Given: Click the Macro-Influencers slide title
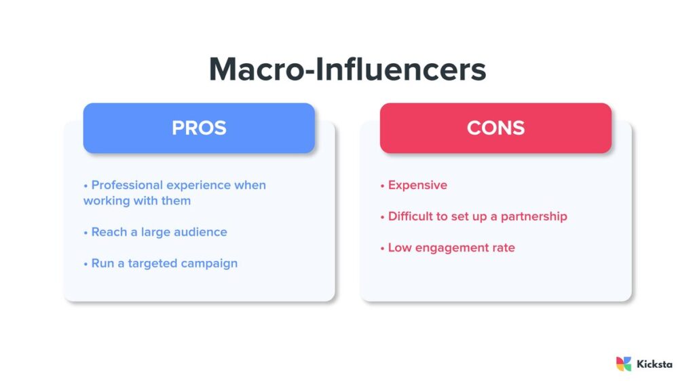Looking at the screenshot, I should (x=347, y=69).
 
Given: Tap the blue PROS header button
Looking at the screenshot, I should (x=199, y=128).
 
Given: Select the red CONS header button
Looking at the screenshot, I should (x=495, y=128).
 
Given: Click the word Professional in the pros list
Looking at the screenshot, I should (x=128, y=185).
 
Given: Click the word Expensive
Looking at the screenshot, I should (x=417, y=185).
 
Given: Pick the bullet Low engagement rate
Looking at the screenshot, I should (x=451, y=248).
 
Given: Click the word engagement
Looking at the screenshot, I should (x=451, y=248).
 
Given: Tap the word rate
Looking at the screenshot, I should (x=503, y=248).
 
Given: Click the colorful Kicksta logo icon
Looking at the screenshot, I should (x=623, y=364).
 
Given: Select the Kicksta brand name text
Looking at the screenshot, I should (x=654, y=364).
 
